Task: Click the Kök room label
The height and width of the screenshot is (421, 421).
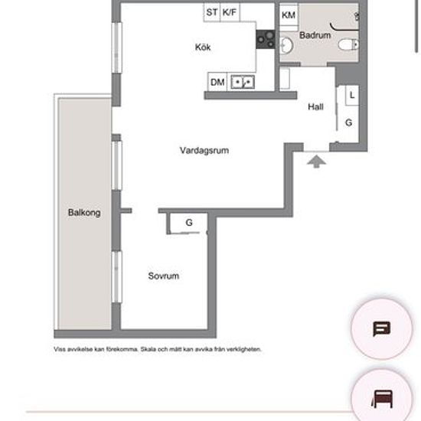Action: coord(203,47)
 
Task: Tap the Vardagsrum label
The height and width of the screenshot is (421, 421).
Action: coord(204,150)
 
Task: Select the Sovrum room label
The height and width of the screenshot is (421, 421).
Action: coord(164,276)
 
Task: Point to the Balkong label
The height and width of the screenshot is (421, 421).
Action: coord(84,213)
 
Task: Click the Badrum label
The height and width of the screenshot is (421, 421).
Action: coord(315,35)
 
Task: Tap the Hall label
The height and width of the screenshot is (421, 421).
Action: coord(315,107)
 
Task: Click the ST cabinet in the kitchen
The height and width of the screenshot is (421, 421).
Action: coord(212,12)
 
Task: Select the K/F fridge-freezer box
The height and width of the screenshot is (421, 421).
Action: coord(230,12)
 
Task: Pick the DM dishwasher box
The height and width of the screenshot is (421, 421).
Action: coord(217,82)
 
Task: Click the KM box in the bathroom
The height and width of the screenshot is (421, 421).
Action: coord(289,15)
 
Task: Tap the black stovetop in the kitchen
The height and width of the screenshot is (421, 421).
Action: coord(266,39)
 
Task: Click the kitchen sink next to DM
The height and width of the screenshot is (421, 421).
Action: coord(243,82)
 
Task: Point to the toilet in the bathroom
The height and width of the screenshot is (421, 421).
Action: coord(348,44)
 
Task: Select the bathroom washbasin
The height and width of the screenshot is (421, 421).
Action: coord(286,45)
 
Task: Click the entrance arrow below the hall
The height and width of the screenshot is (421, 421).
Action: coord(317,162)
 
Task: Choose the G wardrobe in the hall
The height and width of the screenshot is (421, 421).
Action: coord(348,123)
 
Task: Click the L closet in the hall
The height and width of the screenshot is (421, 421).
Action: coord(352,95)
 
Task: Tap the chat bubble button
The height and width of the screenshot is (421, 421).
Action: coord(381,328)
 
